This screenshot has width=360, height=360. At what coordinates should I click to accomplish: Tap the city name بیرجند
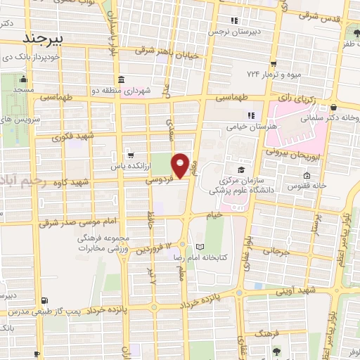43,37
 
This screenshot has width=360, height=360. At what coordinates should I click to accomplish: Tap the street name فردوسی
160,181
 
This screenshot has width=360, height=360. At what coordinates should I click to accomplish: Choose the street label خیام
214,214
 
